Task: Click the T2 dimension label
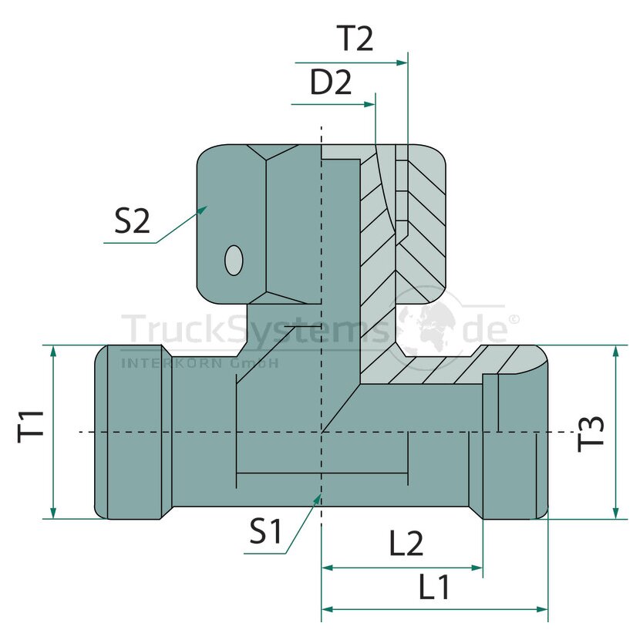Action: (x=355, y=38)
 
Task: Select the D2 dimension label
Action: (x=331, y=82)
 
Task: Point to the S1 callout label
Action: (x=266, y=531)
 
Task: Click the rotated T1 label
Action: (x=31, y=426)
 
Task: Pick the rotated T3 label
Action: (x=591, y=433)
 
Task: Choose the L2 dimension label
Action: (x=406, y=544)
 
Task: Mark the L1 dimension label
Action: (x=434, y=587)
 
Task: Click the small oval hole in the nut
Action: (x=234, y=260)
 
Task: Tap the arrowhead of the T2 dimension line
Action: (x=402, y=63)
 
